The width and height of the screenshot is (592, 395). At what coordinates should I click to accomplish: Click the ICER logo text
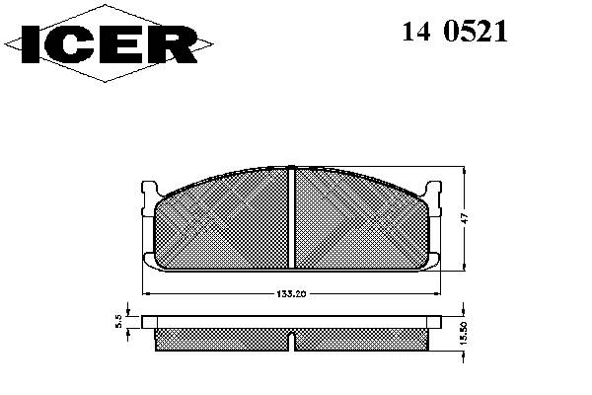[x=110, y=44]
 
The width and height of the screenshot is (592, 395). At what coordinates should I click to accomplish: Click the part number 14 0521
[x=455, y=32]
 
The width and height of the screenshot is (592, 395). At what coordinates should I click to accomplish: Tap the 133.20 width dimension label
[x=291, y=294]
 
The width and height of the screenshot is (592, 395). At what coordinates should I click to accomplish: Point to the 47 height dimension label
[x=465, y=218]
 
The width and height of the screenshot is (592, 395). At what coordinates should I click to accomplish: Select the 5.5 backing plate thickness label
[x=118, y=322]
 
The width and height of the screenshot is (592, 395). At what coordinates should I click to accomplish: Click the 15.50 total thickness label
[x=465, y=333]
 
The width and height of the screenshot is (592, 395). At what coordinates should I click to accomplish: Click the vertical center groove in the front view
[x=291, y=218]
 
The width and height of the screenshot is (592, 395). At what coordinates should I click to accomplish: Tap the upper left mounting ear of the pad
[x=150, y=198]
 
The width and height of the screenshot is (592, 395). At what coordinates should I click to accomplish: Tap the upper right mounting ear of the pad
[x=434, y=198]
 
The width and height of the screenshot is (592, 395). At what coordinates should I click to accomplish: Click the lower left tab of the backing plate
[x=149, y=261]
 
